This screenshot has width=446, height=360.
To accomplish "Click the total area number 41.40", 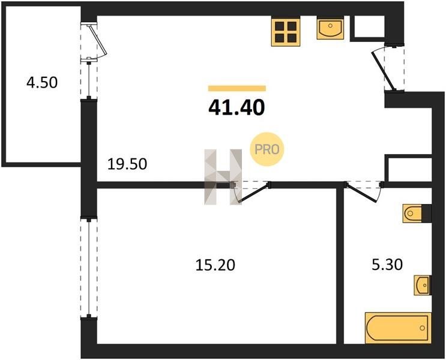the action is (x=237, y=108).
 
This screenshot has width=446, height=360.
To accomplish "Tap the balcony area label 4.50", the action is (x=42, y=82).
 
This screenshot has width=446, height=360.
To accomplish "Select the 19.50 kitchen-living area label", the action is (x=127, y=164).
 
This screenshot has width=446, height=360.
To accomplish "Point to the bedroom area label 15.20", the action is (x=215, y=265).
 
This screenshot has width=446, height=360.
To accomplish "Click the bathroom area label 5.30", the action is (x=387, y=265).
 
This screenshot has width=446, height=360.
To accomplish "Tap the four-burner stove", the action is (x=286, y=32).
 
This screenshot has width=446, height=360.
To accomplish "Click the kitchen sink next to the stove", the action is (x=330, y=28).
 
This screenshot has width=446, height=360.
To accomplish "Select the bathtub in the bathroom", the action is (x=398, y=328).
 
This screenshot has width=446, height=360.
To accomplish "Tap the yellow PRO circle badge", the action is (x=267, y=149).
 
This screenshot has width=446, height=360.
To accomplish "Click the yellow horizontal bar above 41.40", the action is (x=237, y=88).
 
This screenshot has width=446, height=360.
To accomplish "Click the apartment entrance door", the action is (x=385, y=69).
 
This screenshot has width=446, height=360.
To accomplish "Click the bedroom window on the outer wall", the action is (x=89, y=267).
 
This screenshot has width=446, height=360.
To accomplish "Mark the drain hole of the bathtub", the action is (x=422, y=328).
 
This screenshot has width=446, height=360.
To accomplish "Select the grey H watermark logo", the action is (x=223, y=176).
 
